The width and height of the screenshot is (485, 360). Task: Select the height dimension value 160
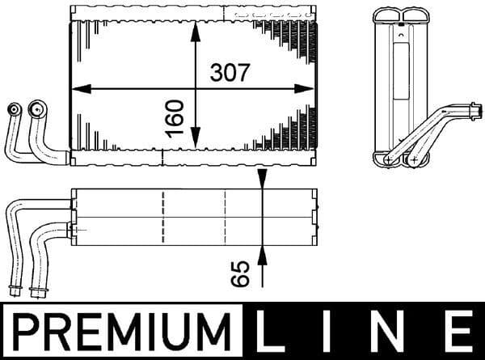pyautogui.click(x=176, y=117)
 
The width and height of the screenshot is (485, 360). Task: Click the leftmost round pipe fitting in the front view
pyautogui.click(x=13, y=109)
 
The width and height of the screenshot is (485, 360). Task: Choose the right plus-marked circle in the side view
pyautogui.click(x=414, y=160)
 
